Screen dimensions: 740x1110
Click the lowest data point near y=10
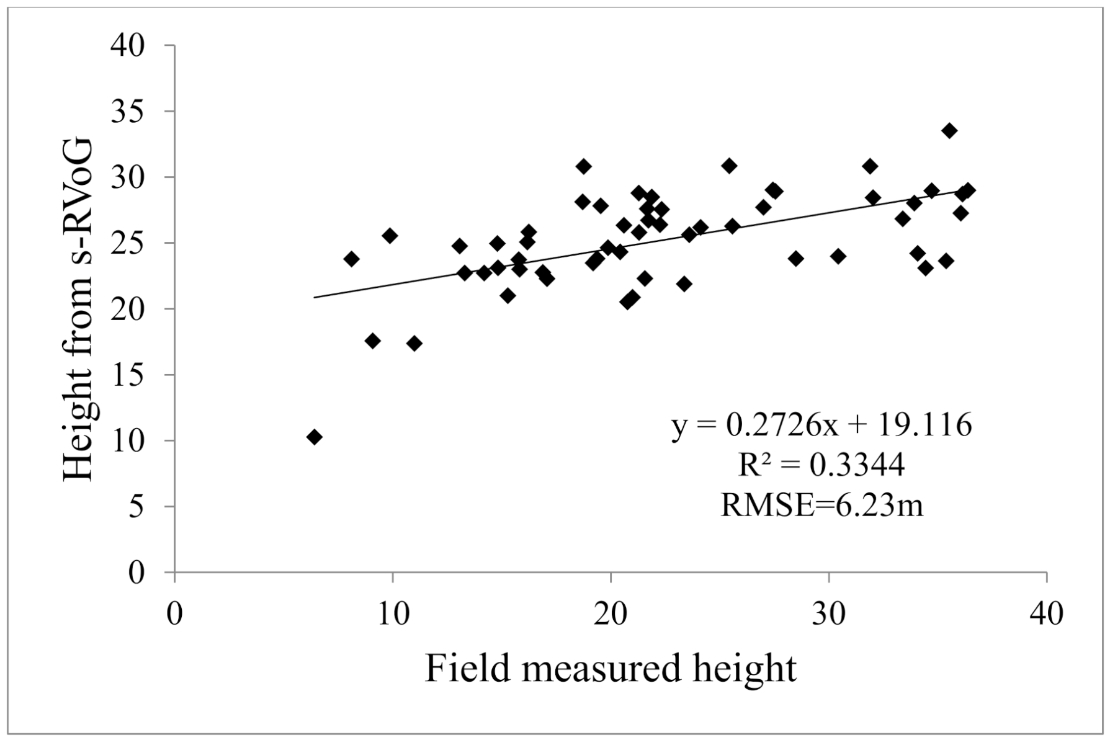314,437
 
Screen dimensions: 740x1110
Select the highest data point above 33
949,131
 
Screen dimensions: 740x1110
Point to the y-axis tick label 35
127,112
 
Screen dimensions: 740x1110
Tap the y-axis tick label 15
127,375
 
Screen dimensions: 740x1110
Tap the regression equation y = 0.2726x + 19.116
821,426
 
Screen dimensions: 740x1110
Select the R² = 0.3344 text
821,465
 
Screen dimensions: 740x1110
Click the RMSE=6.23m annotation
821,506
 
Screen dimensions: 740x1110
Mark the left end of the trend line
315,297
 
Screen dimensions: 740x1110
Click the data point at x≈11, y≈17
414,344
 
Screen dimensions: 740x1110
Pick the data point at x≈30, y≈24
838,256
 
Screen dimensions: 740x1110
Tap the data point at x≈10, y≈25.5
390,236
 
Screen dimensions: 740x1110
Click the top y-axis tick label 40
127,46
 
